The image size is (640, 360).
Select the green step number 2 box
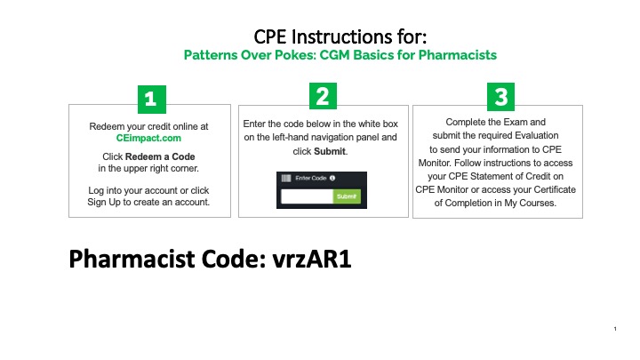click(x=322, y=96)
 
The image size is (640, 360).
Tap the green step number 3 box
click(x=502, y=96)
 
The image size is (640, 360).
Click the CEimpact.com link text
click(x=148, y=138)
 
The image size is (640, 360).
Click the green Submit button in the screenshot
click(x=348, y=196)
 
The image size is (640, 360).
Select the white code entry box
click(x=307, y=196)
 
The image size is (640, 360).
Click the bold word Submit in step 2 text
click(x=330, y=151)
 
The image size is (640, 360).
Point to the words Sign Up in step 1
click(x=106, y=202)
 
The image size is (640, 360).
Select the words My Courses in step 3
click(x=529, y=203)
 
